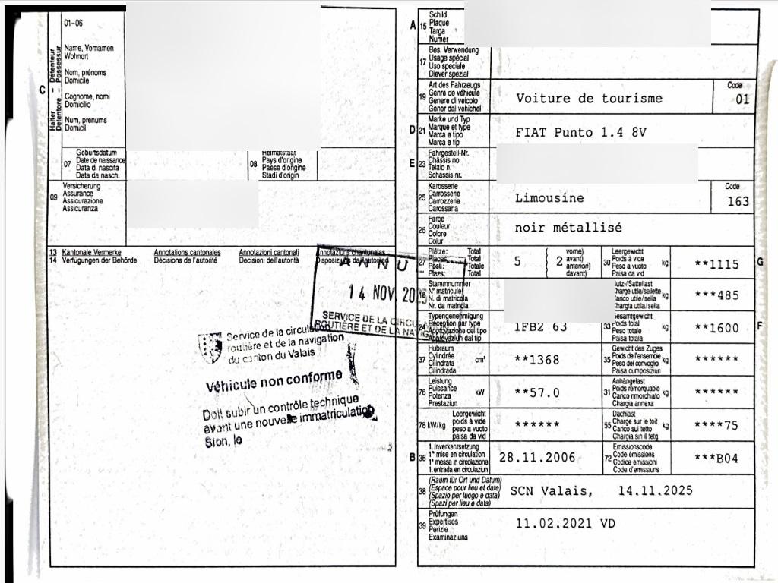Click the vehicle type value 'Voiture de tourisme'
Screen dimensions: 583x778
[x=589, y=98]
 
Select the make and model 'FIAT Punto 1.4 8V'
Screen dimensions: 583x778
[x=580, y=132]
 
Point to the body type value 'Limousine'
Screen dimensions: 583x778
[x=549, y=198]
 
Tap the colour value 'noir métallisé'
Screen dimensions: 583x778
[x=568, y=227]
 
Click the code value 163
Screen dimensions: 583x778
[x=738, y=201]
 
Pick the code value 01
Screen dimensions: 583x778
[x=742, y=99]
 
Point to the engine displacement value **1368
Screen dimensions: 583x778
[x=537, y=360]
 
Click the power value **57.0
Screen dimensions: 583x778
[x=537, y=392]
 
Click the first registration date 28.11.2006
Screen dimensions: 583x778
[x=537, y=458]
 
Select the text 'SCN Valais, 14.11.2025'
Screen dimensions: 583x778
[x=601, y=490]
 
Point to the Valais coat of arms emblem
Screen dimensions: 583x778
[x=210, y=347]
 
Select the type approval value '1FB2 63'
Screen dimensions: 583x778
[x=541, y=327]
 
